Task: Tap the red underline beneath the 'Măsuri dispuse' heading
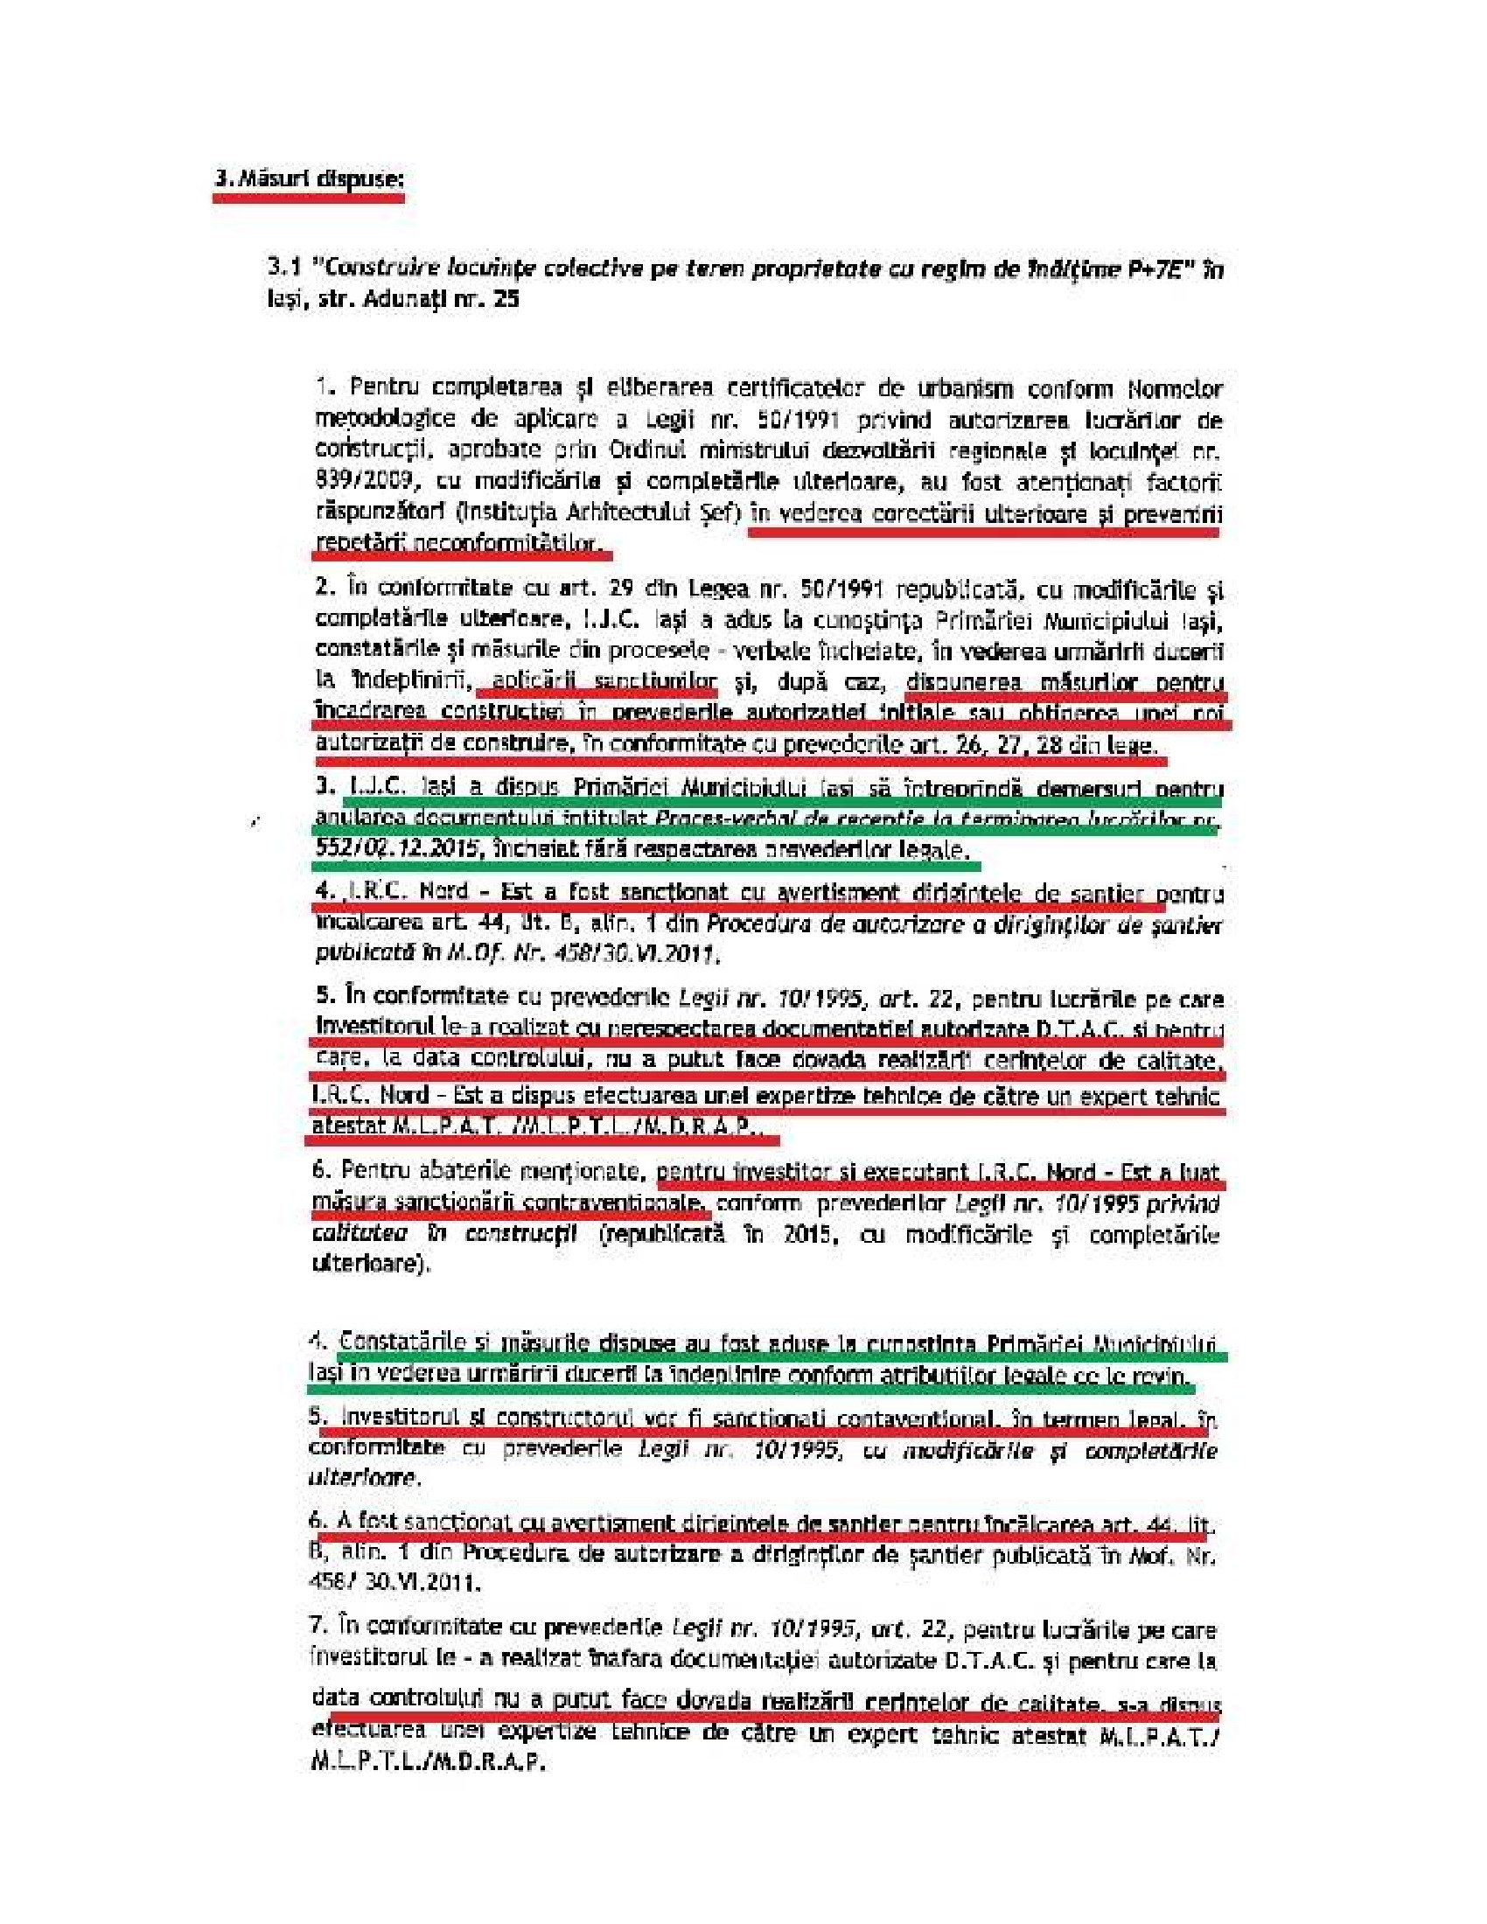308,199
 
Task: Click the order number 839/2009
367,481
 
